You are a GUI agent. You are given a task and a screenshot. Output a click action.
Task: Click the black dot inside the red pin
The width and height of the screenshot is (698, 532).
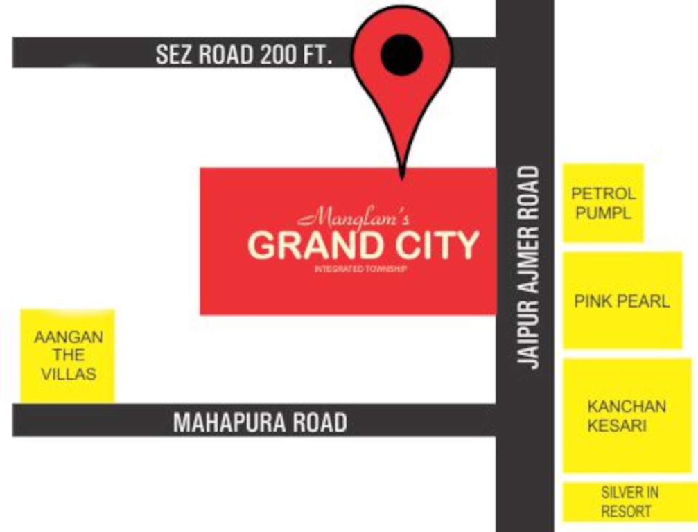(x=401, y=54)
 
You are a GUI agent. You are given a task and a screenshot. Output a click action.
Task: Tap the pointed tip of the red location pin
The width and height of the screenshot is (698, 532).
(x=401, y=177)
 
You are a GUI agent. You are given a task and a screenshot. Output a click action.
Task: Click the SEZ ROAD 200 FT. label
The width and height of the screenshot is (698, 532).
(x=244, y=55)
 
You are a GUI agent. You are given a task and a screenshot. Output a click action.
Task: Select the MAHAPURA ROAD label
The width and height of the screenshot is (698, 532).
(x=260, y=422)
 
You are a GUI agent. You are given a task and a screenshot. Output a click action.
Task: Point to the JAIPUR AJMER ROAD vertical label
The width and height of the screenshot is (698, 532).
(x=530, y=267)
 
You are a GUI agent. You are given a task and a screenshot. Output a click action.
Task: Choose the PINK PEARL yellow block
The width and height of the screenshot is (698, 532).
(x=622, y=301)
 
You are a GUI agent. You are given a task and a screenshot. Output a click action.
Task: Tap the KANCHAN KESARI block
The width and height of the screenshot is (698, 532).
(x=627, y=416)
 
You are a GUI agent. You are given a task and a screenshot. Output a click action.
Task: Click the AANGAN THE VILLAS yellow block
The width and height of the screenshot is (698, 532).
(x=68, y=356)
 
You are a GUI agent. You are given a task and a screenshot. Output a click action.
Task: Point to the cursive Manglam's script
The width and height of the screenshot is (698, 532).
(x=354, y=219)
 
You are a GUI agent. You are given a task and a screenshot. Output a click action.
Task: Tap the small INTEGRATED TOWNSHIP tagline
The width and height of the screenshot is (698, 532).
(x=360, y=268)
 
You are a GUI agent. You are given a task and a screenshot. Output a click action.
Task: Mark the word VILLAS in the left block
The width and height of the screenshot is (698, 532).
(x=68, y=374)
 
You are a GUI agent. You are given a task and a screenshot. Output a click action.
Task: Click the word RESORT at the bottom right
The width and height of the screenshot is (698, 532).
(x=626, y=512)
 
